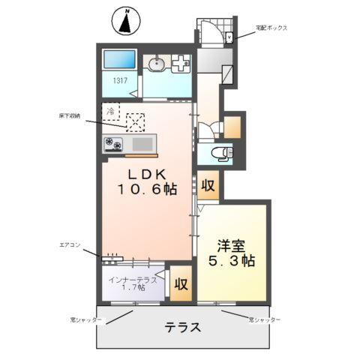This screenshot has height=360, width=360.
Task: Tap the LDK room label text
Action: click(x=146, y=173)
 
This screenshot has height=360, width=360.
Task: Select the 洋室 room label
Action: click(x=232, y=245)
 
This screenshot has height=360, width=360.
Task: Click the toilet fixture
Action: click(x=222, y=154)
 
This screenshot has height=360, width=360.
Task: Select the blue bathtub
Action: click(x=119, y=60)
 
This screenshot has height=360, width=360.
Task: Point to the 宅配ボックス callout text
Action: click(x=270, y=28)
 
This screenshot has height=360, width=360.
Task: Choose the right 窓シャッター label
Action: click(x=265, y=319)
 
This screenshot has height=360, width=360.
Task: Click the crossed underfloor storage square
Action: click(x=136, y=121)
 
